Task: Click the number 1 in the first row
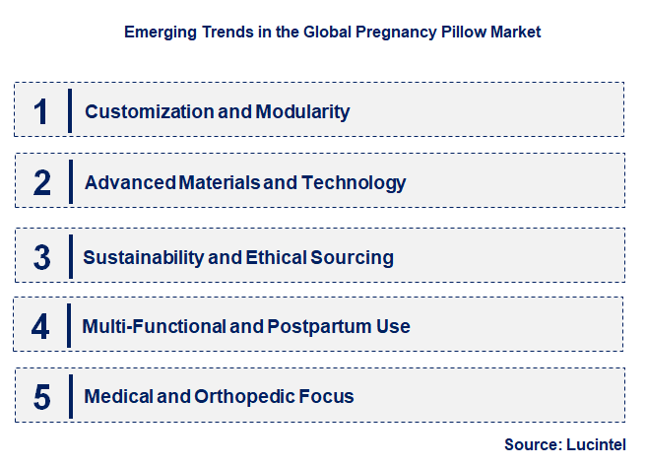click(40, 110)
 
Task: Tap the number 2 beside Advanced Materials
click(41, 182)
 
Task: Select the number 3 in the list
click(41, 257)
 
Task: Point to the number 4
click(40, 326)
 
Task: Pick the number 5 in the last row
click(41, 397)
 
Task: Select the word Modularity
click(302, 111)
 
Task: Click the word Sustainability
click(144, 257)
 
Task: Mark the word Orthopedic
click(245, 397)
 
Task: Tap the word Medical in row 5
click(116, 397)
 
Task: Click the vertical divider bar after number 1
click(70, 110)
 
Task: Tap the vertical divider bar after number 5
click(70, 397)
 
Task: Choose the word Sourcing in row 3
click(354, 257)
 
